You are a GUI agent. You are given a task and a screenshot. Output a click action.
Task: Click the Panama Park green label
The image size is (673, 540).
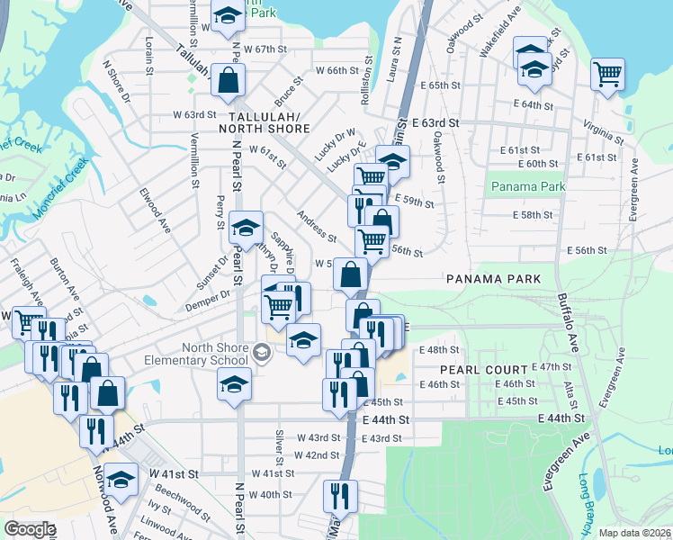point(527,187)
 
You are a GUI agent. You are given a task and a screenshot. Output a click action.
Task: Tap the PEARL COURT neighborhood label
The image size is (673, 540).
point(484,370)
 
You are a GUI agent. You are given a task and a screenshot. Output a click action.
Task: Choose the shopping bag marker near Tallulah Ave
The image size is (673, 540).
point(229,79)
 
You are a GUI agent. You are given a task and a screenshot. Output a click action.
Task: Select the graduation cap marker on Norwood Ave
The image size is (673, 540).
point(121,479)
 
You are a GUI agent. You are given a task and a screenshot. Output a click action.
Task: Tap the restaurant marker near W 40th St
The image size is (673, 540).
point(341,495)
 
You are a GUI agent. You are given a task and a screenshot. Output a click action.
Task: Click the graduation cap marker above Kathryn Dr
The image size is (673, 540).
point(246,229)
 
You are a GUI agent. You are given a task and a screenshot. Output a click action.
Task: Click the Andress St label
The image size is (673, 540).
point(316,227)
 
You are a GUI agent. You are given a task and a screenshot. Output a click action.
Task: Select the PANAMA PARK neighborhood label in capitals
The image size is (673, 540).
point(494,279)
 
